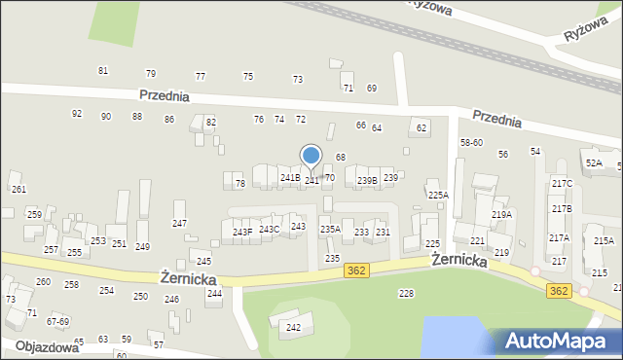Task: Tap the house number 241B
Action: pyautogui.click(x=289, y=178)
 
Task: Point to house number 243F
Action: pyautogui.click(x=242, y=232)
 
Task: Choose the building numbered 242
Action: pyautogui.click(x=293, y=327)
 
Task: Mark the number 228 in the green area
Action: pyautogui.click(x=406, y=293)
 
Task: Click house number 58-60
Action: pyautogui.click(x=471, y=143)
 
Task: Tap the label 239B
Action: pyautogui.click(x=366, y=180)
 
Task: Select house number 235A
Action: pyautogui.click(x=330, y=230)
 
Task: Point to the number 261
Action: pyautogui.click(x=18, y=189)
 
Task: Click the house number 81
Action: pyautogui.click(x=103, y=71)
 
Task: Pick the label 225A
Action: pyautogui.click(x=438, y=196)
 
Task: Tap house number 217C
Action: pyautogui.click(x=562, y=184)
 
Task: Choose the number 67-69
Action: pyautogui.click(x=57, y=321)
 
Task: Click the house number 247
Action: pyautogui.click(x=179, y=224)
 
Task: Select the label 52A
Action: pyautogui.click(x=593, y=162)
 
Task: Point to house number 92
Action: pyautogui.click(x=77, y=114)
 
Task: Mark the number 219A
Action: pyautogui.click(x=501, y=215)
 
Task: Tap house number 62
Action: pyautogui.click(x=421, y=127)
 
